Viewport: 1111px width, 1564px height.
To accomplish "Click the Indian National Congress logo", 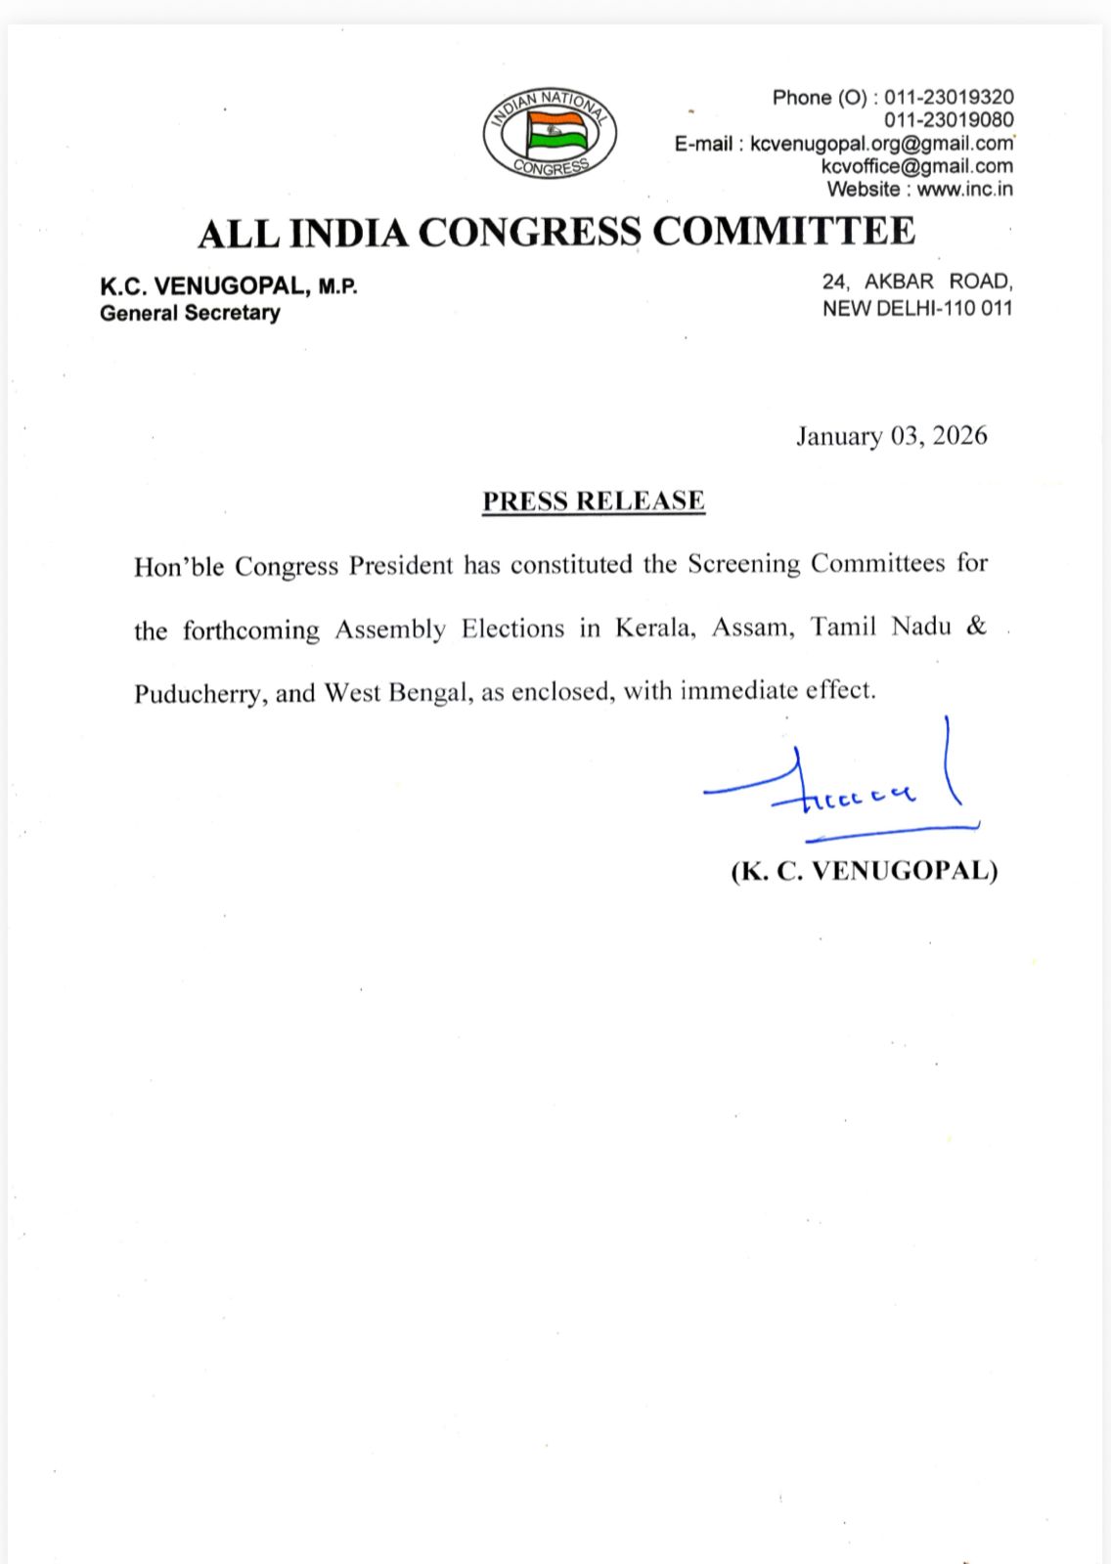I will pos(550,134).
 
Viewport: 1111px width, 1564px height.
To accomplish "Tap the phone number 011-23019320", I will pos(949,98).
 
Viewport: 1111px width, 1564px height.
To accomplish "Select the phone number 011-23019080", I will pos(949,120).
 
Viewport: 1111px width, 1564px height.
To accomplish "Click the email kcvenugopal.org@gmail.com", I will pos(881,144).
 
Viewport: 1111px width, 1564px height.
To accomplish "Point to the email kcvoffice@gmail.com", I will pos(916,166).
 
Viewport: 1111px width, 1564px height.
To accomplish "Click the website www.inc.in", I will pos(964,189).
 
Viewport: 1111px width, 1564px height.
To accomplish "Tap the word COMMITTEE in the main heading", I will pos(783,232).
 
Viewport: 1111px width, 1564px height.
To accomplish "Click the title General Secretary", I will pos(190,314).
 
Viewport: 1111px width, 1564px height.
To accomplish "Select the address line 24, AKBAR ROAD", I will pos(916,282).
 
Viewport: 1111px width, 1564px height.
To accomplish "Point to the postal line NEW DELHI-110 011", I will pos(916,308).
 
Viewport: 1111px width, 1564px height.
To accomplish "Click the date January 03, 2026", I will pos(891,435).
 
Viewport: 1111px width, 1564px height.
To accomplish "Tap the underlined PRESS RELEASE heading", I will pos(594,500).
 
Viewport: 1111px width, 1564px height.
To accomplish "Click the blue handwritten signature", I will pos(841,788).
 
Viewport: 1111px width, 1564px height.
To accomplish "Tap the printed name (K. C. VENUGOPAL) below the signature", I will pos(864,871).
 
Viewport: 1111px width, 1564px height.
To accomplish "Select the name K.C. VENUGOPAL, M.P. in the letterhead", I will pos(229,287).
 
